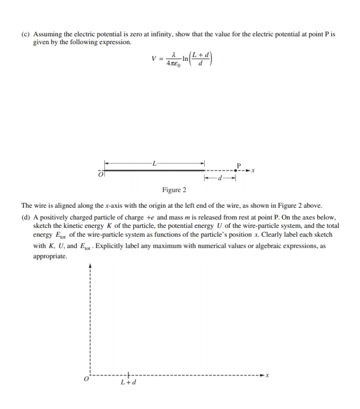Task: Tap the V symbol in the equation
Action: (x=153, y=59)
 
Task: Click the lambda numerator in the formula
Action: (x=173, y=54)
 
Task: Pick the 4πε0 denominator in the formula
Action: (x=173, y=63)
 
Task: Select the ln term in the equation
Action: (x=185, y=59)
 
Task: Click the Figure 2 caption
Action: (x=174, y=190)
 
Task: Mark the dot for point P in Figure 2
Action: (x=238, y=171)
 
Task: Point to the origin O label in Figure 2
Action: (x=100, y=174)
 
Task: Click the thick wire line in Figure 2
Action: (x=153, y=171)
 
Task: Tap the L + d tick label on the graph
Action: (x=128, y=383)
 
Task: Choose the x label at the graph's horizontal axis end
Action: (x=268, y=375)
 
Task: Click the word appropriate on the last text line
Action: (x=50, y=256)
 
